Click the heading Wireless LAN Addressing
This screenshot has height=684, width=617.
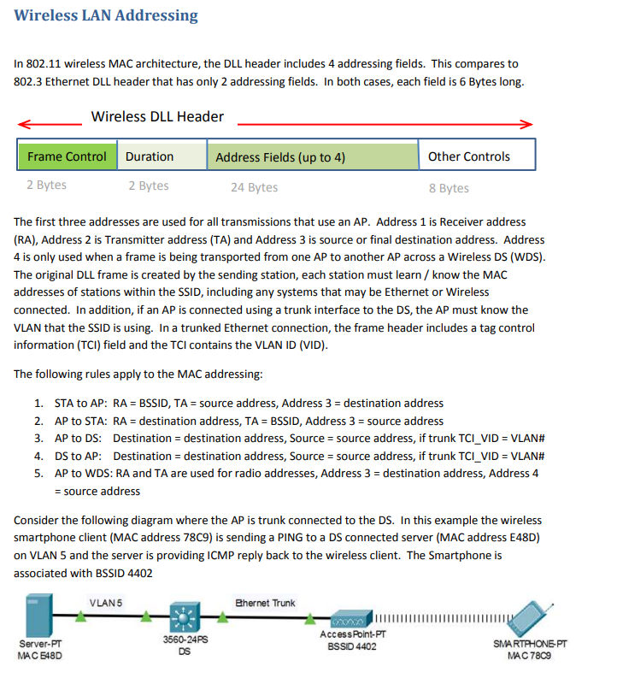[106, 15]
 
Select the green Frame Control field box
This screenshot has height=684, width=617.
[67, 156]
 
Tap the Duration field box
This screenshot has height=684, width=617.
[162, 156]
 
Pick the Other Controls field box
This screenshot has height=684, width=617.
[477, 156]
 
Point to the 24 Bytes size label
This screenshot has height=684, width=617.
[254, 187]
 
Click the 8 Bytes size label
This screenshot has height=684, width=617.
[449, 187]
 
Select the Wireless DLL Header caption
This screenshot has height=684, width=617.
[157, 117]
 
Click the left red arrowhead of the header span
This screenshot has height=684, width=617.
[22, 123]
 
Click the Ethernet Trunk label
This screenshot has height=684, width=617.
[265, 603]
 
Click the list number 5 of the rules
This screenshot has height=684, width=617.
[38, 473]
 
